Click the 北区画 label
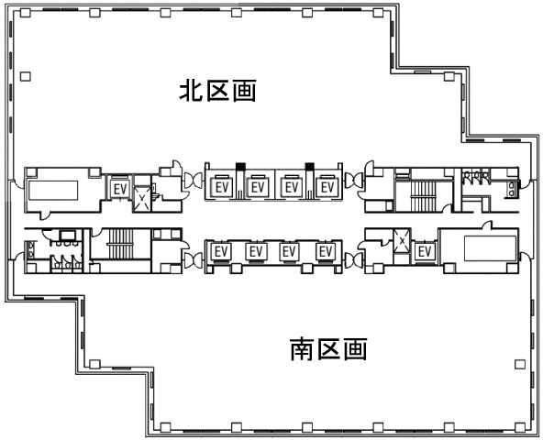[x=217, y=91]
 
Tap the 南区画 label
[x=328, y=349]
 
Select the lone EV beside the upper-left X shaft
[x=120, y=189]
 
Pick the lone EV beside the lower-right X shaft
[x=425, y=251]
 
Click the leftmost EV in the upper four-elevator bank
[x=222, y=187]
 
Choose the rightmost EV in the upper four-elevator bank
[x=327, y=187]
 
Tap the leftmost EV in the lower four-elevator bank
[x=221, y=251]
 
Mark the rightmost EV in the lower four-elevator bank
[x=326, y=251]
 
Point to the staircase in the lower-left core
[x=120, y=244]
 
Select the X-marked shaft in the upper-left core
[x=143, y=198]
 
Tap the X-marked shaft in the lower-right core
[x=402, y=240]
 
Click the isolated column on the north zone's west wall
[x=26, y=76]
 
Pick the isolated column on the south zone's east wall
[x=520, y=364]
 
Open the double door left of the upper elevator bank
[x=194, y=181]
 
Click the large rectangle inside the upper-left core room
[x=53, y=191]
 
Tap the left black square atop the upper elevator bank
[x=240, y=167]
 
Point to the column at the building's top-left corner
[x=26, y=13]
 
